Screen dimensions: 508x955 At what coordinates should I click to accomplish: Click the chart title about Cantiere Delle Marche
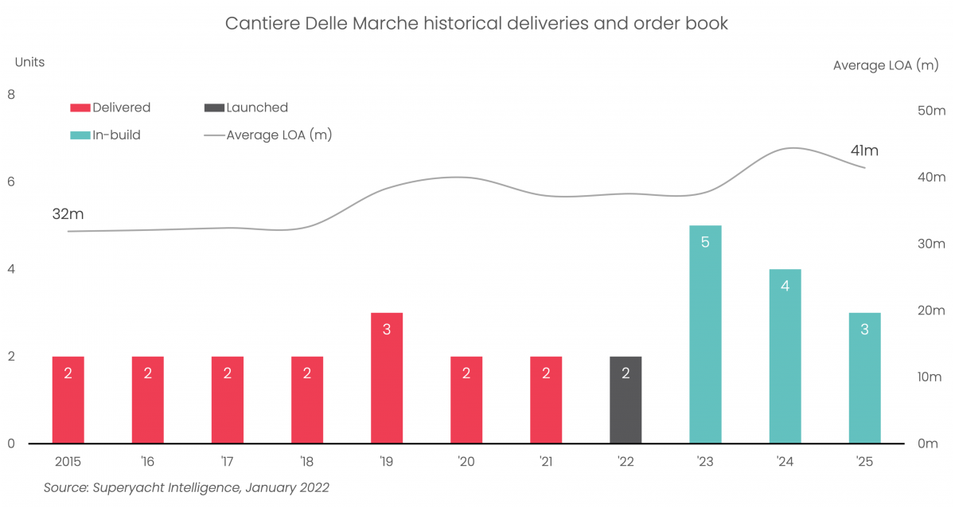476,23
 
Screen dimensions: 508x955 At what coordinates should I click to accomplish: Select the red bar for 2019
387,378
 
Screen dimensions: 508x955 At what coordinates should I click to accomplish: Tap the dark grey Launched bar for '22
626,400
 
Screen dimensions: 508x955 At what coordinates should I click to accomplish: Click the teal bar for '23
705,334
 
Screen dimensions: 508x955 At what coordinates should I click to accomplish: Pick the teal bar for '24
785,356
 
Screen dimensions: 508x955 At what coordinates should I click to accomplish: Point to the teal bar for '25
864,378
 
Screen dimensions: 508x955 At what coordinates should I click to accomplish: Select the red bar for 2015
68,400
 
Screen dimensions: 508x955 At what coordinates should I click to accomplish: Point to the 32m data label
68,213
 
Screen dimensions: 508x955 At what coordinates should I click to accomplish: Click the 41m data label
863,150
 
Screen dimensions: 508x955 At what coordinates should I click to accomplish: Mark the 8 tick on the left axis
11,95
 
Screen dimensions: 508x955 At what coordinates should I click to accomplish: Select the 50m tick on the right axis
931,111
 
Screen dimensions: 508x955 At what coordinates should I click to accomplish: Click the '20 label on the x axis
466,461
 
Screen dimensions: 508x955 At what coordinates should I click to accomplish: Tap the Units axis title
30,61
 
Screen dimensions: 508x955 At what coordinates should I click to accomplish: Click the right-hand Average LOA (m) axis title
886,65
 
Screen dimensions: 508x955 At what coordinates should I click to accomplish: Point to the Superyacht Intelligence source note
186,487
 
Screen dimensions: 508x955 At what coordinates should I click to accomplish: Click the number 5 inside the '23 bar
705,241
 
